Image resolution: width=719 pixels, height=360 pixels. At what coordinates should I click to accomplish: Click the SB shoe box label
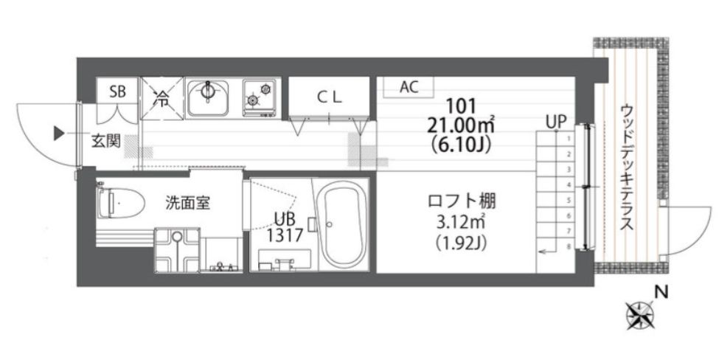(x=117, y=91)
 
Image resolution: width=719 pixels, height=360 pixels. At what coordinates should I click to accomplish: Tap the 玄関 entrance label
(x=106, y=141)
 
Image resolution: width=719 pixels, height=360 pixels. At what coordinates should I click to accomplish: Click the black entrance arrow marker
(x=59, y=133)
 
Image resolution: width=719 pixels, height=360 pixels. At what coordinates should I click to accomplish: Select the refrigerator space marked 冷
(x=161, y=99)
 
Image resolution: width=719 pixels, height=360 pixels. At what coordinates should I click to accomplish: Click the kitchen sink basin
(x=208, y=98)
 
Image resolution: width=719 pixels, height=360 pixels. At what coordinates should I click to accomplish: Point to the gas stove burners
(x=260, y=95)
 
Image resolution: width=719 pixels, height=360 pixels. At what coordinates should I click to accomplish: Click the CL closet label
(x=329, y=97)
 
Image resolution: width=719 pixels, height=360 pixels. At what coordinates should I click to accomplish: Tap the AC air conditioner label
(x=409, y=86)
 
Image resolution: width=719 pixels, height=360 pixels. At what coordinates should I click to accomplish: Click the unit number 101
(x=461, y=106)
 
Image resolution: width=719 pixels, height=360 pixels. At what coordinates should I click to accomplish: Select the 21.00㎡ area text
(x=461, y=125)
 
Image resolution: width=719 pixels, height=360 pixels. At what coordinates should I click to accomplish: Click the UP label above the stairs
(x=556, y=122)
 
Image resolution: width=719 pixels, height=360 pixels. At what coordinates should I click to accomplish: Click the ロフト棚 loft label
(x=462, y=201)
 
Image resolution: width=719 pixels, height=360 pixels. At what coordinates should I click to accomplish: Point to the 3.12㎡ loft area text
(x=461, y=223)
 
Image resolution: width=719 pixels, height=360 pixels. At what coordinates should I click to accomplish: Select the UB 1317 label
(x=285, y=227)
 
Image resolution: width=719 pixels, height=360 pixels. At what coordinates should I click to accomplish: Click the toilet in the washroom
(x=120, y=202)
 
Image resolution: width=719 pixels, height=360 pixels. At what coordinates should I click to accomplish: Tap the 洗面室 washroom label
(x=187, y=203)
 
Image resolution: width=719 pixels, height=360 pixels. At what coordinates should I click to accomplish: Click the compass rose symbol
(x=640, y=316)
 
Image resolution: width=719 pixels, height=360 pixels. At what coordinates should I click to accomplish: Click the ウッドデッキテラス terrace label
(x=626, y=167)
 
